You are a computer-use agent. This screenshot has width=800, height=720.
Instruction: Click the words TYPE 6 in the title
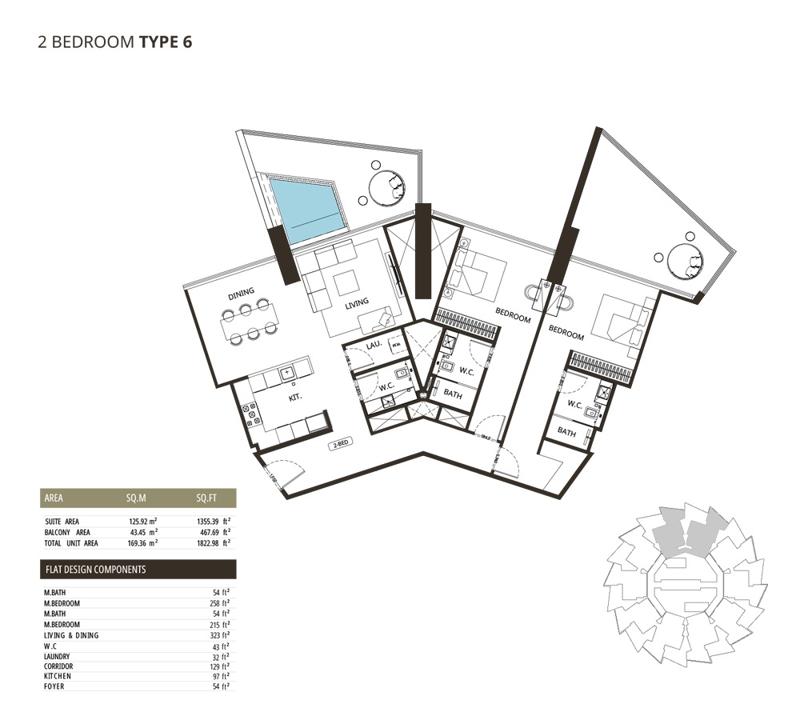tap(166, 42)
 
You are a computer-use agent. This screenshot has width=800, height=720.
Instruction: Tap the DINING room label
tap(241, 294)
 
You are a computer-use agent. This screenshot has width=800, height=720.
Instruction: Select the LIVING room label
tap(357, 302)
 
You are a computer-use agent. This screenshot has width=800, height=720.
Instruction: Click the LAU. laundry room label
tap(372, 344)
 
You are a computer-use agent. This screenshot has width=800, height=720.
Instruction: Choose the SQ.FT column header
tap(206, 498)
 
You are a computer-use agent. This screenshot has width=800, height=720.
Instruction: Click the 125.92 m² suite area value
tap(141, 522)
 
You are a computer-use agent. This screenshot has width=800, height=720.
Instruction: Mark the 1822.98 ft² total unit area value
tap(210, 542)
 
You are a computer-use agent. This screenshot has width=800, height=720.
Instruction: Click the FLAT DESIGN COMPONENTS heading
tap(95, 570)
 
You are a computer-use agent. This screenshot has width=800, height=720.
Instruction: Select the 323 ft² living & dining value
tap(221, 635)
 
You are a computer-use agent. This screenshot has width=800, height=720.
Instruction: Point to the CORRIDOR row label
tap(60, 666)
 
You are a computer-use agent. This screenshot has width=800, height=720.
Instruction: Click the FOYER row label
tap(54, 686)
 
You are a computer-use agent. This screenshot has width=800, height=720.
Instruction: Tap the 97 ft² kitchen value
tap(222, 676)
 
